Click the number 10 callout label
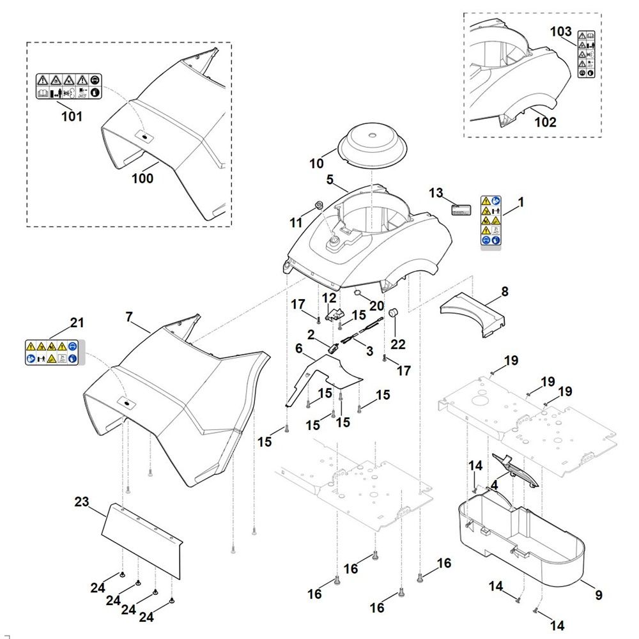317,164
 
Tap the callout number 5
330,180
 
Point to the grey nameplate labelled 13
460,210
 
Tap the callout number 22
398,344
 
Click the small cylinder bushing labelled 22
393,313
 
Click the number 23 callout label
82,502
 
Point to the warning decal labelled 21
52,353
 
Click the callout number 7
129,316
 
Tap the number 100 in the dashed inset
142,178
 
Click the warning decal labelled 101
68,86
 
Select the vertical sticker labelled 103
585,54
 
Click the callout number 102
545,122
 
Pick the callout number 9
598,595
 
